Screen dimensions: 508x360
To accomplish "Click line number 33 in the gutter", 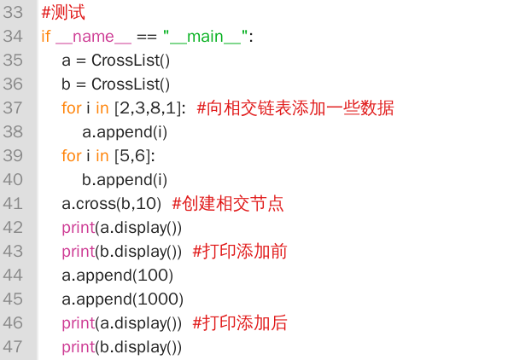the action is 13,12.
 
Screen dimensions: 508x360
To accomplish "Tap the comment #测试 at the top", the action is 63,12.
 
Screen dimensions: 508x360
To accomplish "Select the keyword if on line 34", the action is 46,36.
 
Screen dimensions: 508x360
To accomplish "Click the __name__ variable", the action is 93,37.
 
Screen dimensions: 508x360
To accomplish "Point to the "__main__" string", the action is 206,37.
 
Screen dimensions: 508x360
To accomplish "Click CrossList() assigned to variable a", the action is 131,61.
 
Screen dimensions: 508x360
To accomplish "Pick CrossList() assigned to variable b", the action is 131,84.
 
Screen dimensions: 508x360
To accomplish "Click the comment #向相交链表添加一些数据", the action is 295,107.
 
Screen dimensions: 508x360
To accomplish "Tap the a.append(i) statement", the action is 125,132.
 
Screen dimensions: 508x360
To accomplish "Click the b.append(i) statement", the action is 125,180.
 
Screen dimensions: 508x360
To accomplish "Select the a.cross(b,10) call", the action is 112,204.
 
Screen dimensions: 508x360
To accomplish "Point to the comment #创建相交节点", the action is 228,203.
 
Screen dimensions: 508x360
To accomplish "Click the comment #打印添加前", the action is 240,251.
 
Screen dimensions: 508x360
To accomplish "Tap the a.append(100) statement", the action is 117,276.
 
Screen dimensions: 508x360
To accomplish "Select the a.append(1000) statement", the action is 122,299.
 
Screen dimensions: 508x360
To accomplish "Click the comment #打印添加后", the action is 240,322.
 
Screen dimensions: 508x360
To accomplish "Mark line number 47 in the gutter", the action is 13,346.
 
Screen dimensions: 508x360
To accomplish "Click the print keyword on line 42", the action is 78,228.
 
